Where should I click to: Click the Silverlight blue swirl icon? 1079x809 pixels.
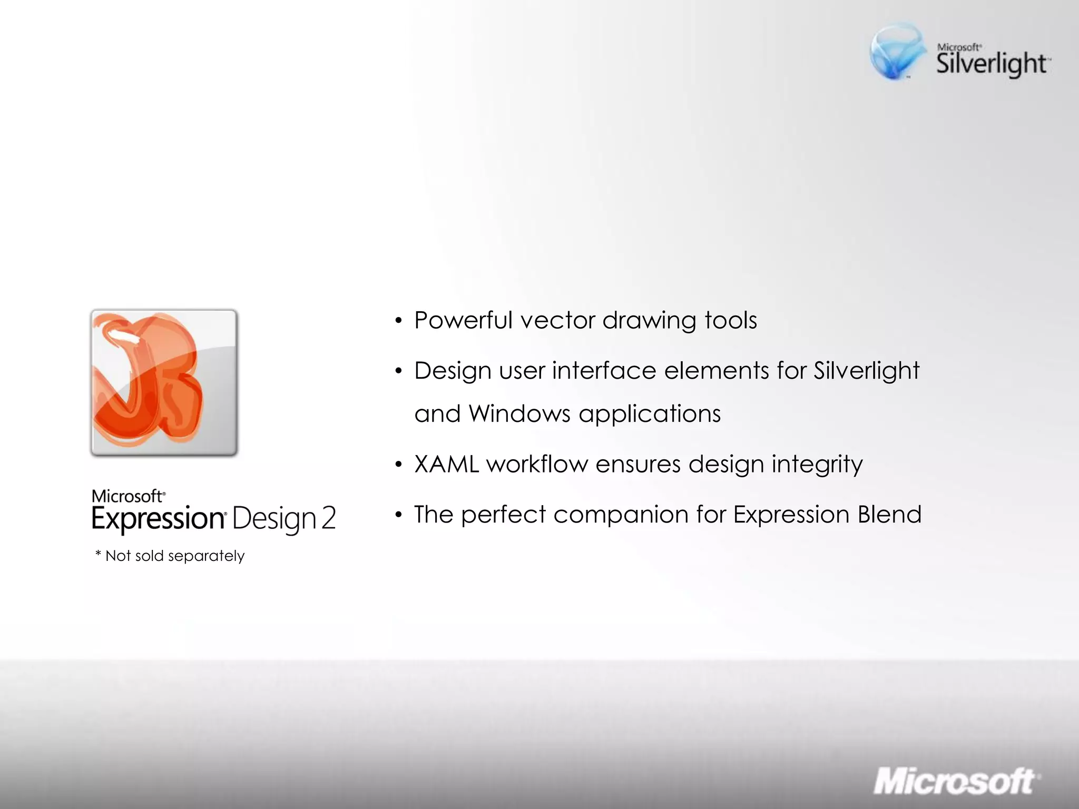click(x=897, y=52)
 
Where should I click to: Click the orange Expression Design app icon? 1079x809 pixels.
click(x=164, y=383)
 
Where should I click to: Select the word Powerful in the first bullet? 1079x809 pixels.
click(x=463, y=320)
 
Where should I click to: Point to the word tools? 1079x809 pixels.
click(x=731, y=320)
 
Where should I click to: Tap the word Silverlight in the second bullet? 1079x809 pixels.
click(x=867, y=371)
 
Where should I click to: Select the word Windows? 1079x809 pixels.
click(x=519, y=414)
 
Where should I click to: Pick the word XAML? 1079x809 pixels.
click(x=447, y=465)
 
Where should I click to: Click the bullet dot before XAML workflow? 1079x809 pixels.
click(x=399, y=465)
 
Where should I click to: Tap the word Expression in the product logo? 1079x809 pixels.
click(x=159, y=519)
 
